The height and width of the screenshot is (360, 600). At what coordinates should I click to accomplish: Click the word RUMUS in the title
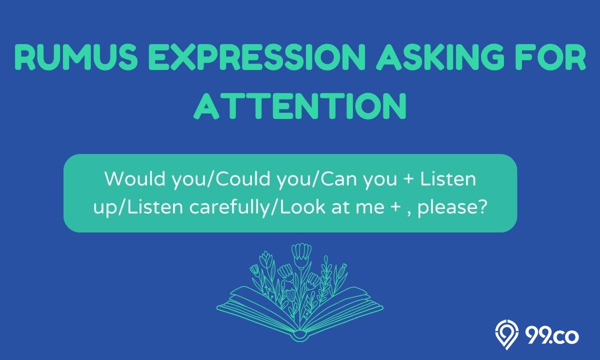tap(76, 57)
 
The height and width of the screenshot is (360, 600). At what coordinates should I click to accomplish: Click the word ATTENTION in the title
tap(300, 106)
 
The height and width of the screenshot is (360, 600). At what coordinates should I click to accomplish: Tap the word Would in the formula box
tap(135, 178)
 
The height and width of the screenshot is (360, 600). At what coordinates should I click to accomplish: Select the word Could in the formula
tap(243, 178)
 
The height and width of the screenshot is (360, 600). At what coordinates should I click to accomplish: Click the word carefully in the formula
tap(228, 207)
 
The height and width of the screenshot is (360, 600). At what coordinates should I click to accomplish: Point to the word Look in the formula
tap(302, 207)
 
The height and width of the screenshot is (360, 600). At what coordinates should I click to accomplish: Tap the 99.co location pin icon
tap(506, 334)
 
